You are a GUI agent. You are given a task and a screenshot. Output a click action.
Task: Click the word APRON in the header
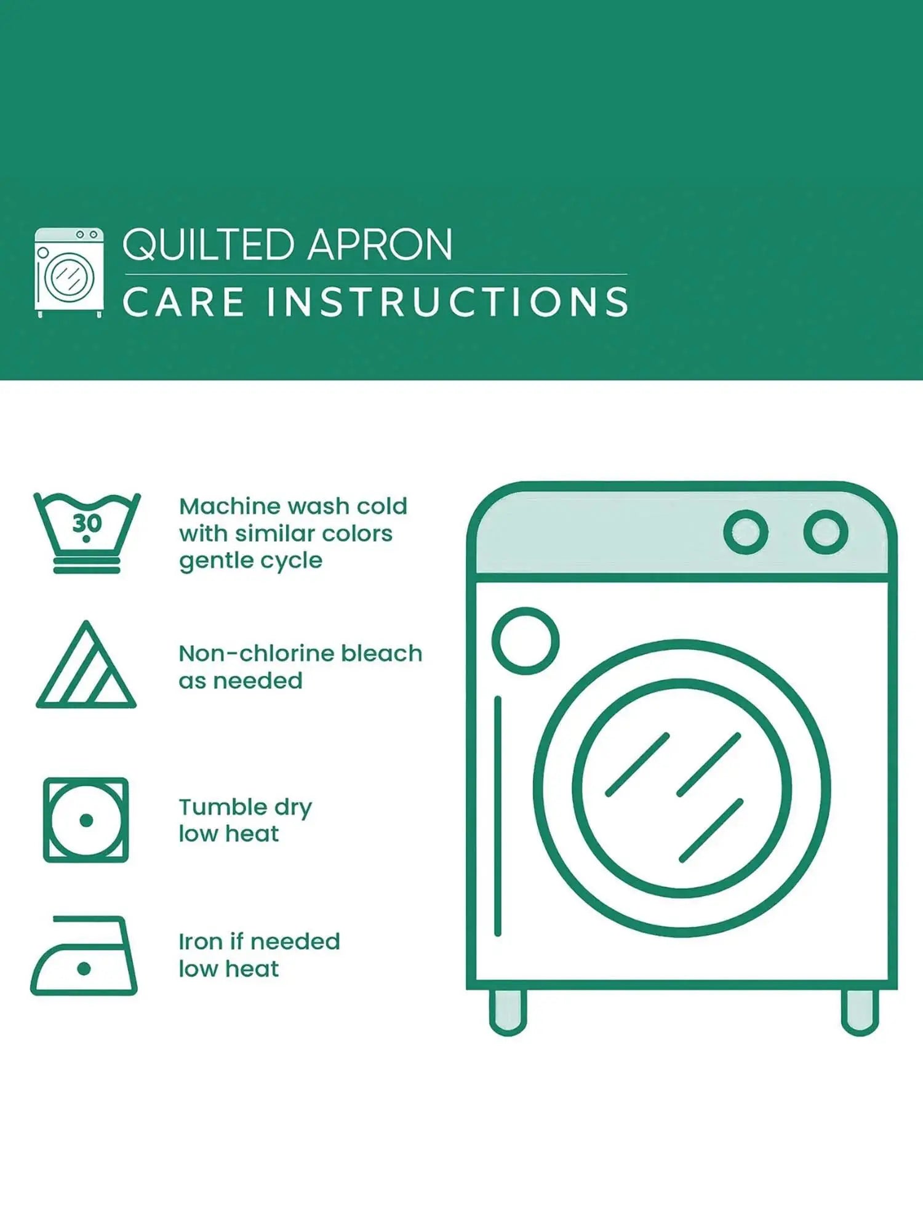coord(380,245)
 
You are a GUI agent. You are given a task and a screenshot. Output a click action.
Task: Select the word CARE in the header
coord(183,302)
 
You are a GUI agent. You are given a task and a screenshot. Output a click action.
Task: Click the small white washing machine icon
coord(69,273)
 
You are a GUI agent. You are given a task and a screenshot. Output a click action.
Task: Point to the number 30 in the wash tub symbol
coord(87,523)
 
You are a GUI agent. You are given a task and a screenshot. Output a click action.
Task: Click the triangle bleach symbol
coord(86,665)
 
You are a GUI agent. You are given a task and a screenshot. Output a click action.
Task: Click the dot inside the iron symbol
coord(84,969)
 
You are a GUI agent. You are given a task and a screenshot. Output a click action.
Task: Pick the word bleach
coord(382,653)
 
